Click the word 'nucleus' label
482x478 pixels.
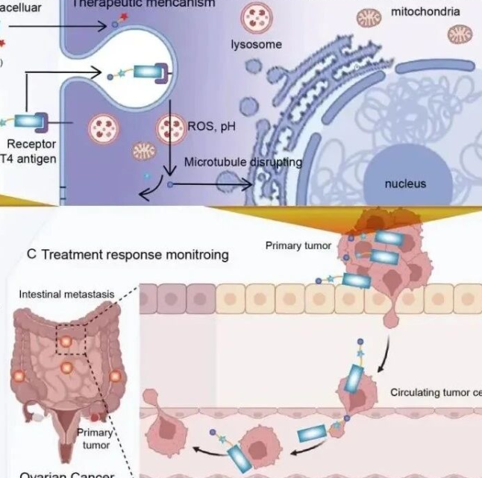(x=405, y=183)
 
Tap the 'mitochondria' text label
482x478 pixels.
(x=425, y=13)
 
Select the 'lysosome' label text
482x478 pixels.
(x=257, y=45)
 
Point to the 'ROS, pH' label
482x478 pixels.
(x=214, y=127)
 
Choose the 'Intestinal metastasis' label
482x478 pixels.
(x=66, y=295)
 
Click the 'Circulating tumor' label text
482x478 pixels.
(x=436, y=392)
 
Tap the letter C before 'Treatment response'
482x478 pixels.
(x=31, y=254)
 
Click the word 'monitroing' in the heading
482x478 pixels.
(x=198, y=255)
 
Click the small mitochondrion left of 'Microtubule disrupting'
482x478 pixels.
(x=143, y=151)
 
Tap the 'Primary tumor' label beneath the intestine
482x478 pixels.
(x=95, y=438)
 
